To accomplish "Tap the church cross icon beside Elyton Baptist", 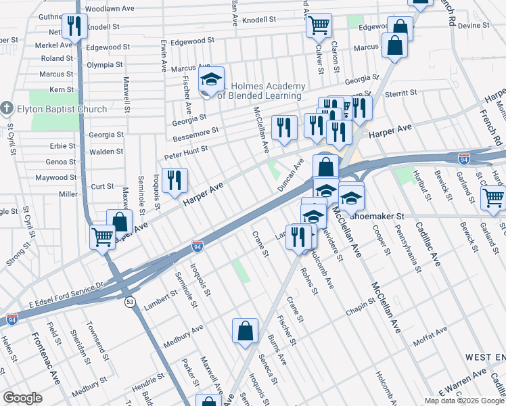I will click(x=7, y=108).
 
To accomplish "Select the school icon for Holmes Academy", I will click(x=211, y=81).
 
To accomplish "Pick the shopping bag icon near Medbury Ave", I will click(x=246, y=331).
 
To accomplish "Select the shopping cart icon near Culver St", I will click(x=319, y=26).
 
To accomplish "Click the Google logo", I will click(x=22, y=398).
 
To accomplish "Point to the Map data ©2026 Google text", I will click(x=464, y=401).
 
